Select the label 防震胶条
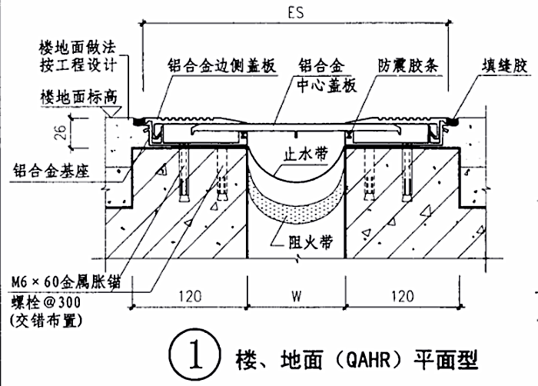(407, 66)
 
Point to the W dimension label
(297, 294)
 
